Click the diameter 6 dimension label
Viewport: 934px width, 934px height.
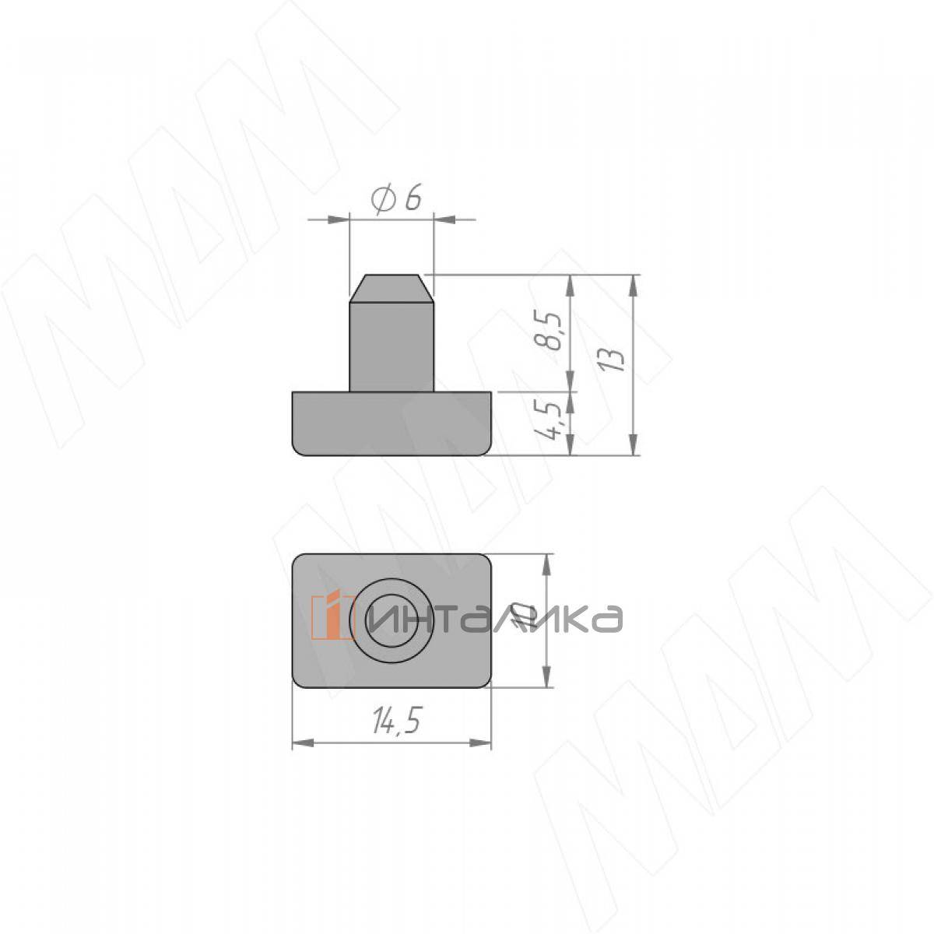click(395, 199)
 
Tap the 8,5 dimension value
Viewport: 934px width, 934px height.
click(549, 331)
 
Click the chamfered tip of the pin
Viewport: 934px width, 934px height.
click(392, 289)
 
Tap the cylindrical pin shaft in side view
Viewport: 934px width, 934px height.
click(392, 347)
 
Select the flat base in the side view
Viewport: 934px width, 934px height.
click(392, 423)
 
